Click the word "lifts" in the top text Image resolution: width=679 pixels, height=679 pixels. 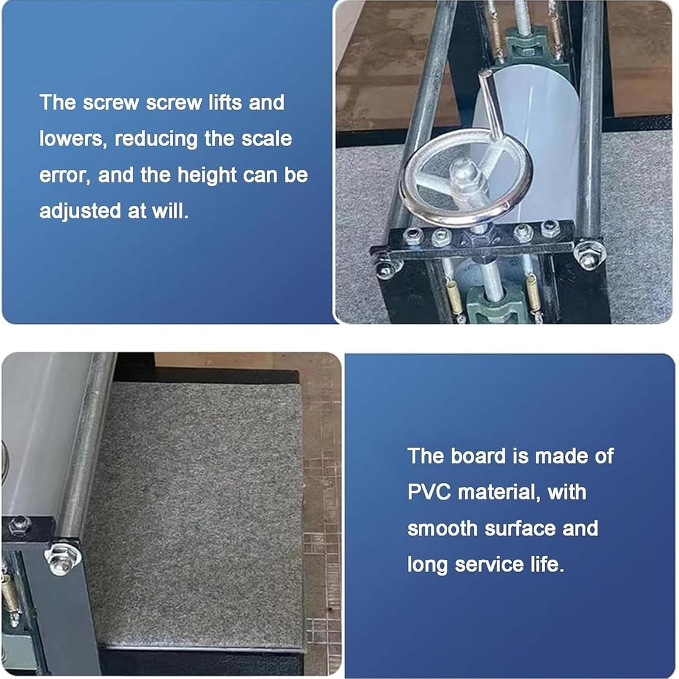tap(225, 102)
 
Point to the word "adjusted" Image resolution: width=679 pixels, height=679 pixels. tap(80, 211)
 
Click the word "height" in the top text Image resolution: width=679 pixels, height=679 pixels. tap(207, 175)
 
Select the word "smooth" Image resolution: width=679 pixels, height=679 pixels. tap(443, 528)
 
